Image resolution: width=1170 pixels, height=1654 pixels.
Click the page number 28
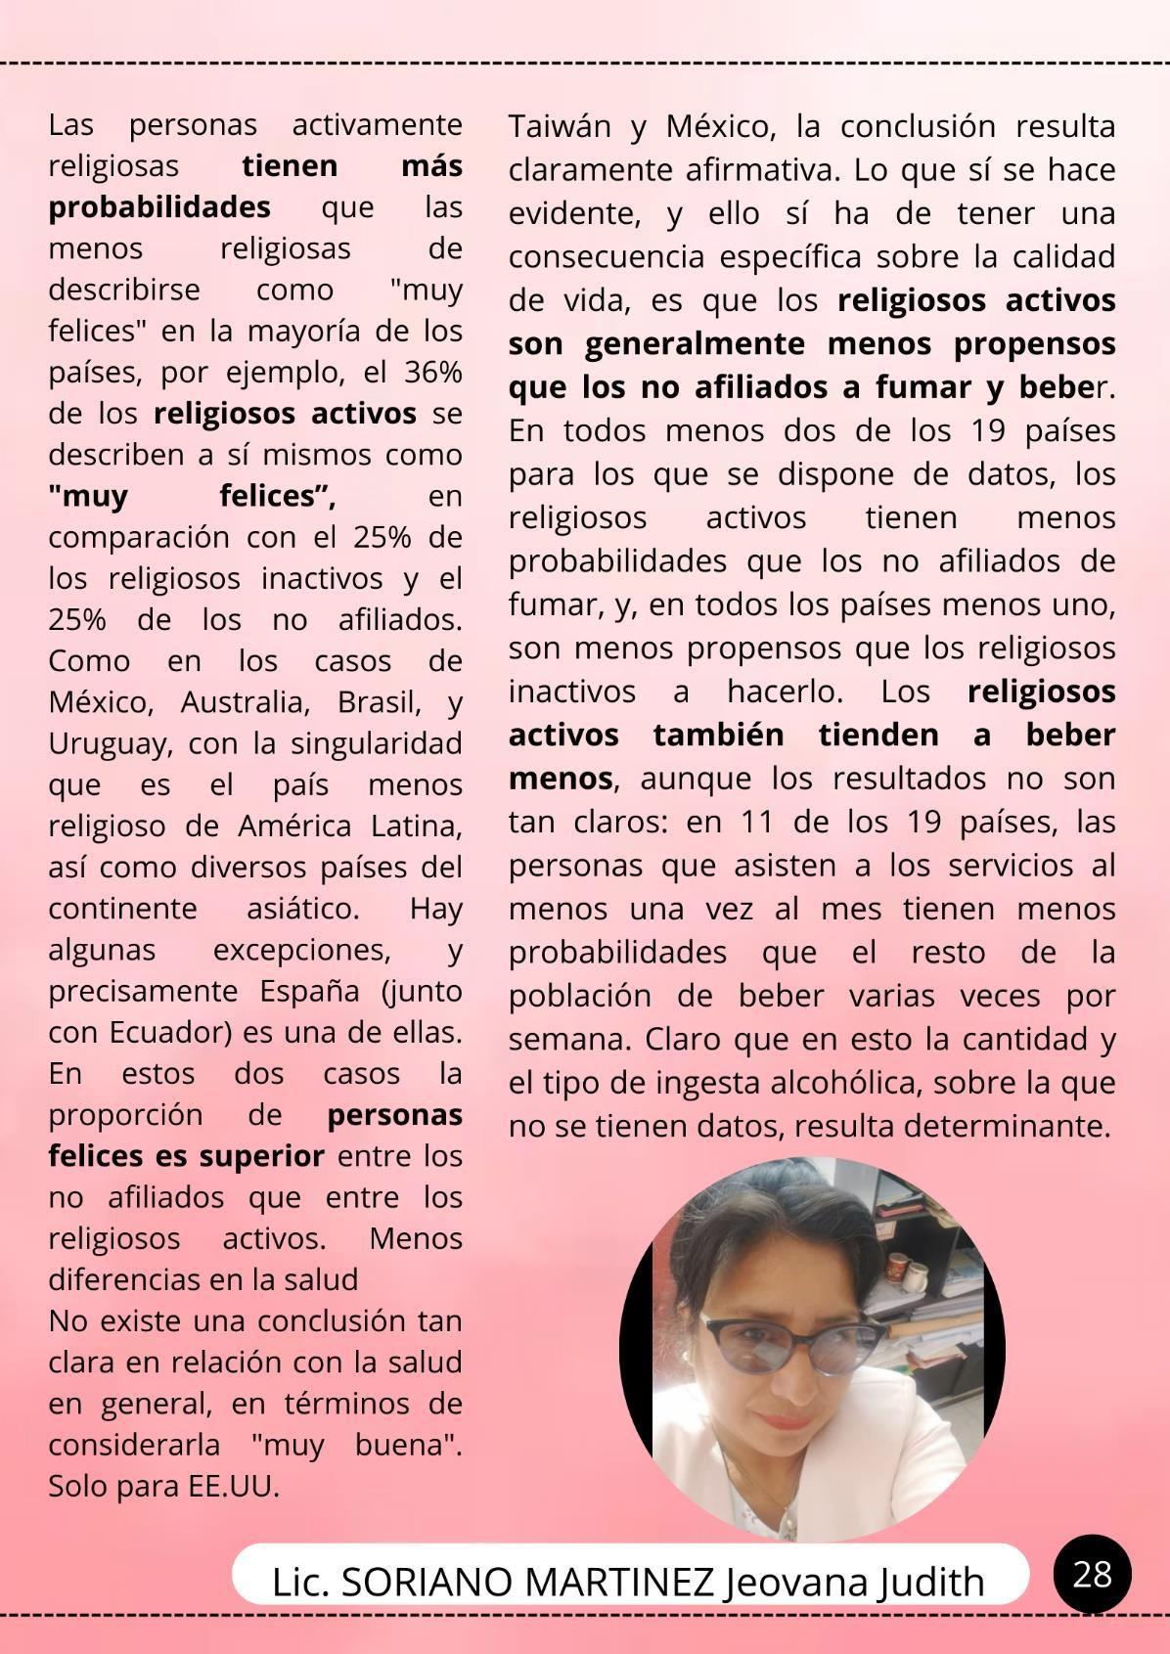tap(1092, 1575)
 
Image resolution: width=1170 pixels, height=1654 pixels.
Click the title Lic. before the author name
tap(301, 1583)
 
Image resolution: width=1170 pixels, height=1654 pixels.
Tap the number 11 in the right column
tap(757, 822)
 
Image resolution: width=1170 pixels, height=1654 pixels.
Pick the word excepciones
tap(301, 950)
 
